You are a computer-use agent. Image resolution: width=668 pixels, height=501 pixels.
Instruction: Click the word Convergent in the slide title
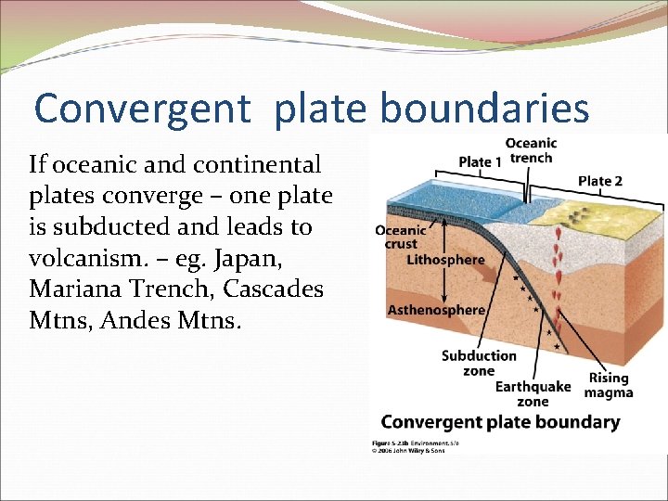142,109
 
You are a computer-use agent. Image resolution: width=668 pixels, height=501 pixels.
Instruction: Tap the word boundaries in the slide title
485,109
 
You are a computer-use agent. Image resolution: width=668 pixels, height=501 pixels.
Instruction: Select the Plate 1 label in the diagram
480,162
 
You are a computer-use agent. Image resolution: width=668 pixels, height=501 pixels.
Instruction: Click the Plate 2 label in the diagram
599,181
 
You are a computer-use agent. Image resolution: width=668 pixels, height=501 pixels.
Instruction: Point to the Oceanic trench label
531,150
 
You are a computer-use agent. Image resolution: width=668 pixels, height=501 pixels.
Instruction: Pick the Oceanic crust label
401,237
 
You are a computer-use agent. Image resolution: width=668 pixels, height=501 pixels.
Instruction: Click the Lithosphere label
445,260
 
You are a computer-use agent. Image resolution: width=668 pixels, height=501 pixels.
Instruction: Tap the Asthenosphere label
436,310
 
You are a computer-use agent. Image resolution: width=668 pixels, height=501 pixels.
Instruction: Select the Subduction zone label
479,363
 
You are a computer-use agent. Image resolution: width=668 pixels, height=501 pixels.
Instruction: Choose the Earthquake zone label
533,394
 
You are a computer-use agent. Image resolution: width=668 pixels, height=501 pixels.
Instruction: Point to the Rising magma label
609,385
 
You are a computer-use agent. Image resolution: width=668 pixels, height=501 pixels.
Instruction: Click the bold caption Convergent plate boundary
500,422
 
